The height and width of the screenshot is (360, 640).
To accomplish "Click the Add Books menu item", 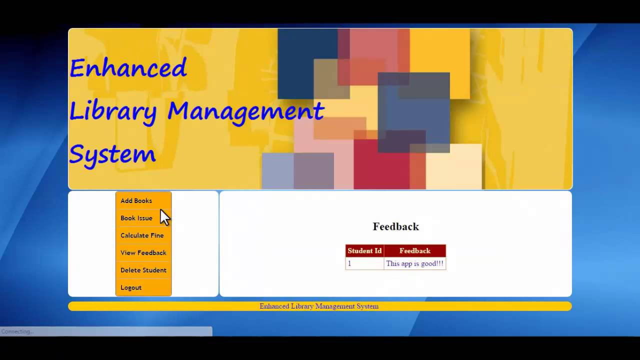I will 136,200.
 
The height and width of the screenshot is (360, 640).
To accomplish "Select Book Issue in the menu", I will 136,218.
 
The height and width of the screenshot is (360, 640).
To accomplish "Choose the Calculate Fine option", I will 142,235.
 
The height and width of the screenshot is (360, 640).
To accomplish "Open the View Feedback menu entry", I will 143,253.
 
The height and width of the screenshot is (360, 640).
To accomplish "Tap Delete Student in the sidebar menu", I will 143,270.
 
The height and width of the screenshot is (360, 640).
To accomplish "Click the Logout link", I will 131,287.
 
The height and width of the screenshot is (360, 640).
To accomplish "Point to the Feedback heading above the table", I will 395,226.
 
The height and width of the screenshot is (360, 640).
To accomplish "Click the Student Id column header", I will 364,251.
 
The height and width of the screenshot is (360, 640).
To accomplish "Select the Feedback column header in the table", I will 414,251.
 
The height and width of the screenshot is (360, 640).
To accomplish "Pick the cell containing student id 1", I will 364,263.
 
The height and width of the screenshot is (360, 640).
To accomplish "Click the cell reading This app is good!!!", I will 414,263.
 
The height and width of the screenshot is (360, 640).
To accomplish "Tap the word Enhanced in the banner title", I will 128,68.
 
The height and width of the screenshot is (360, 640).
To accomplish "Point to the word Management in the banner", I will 245,111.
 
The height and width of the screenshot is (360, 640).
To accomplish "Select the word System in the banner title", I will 112,154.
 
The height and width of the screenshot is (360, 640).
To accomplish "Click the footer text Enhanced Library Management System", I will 319,306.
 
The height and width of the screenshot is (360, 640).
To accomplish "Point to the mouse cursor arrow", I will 164,217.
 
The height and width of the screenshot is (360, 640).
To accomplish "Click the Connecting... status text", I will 17,331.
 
